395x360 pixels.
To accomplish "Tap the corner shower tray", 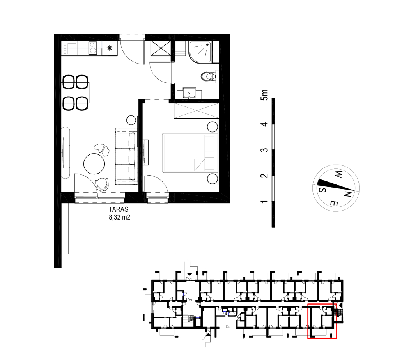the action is coord(200,52).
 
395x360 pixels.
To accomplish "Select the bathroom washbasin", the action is coord(190,93).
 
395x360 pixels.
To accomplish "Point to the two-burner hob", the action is coord(93,48).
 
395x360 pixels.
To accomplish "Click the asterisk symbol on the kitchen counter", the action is coord(110,48).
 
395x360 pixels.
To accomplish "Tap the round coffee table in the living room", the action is coord(94,164).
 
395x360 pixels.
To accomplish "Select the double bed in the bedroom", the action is coord(190,153).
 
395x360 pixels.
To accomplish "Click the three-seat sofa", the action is coord(126,156).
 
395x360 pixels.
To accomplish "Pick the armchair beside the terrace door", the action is coord(102,184).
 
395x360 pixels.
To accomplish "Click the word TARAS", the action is coord(119,209).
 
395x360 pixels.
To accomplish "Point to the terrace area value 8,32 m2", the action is coord(119,217).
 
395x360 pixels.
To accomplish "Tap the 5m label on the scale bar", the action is coord(264,95).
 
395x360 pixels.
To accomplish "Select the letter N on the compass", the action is coord(347,194).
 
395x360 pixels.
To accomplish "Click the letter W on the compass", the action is coord(338,174).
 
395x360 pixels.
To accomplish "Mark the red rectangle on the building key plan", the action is coord(322,321).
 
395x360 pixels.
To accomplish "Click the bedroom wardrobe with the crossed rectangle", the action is coord(196,110).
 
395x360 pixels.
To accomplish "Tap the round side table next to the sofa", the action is coord(131,120).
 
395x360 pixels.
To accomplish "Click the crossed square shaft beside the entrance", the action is coord(161,48).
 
